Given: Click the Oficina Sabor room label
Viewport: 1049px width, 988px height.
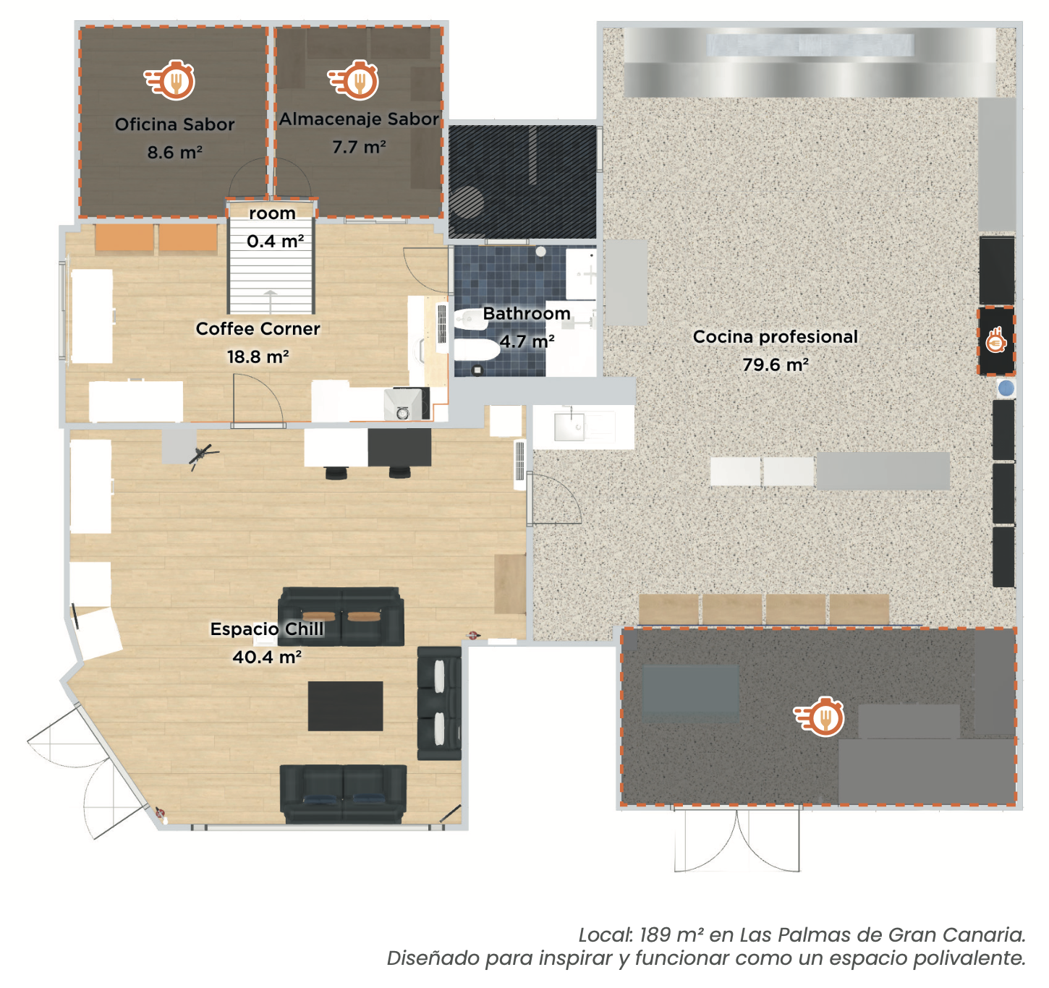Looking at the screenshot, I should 174,124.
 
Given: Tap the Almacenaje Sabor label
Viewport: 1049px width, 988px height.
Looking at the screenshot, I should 359,119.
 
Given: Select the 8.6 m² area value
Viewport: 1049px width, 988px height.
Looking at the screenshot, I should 174,153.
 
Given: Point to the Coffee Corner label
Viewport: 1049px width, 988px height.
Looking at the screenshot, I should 258,329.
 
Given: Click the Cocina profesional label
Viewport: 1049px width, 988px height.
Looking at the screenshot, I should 775,337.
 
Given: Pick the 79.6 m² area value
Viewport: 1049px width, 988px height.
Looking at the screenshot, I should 775,365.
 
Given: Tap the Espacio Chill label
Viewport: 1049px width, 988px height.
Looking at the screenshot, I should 266,629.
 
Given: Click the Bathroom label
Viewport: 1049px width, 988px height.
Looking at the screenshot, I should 527,314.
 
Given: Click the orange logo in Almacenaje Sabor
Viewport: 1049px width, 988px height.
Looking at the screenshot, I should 355,80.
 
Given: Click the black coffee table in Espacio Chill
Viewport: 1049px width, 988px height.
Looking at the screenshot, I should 345,706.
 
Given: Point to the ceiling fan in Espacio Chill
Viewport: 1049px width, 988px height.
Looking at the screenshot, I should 203,456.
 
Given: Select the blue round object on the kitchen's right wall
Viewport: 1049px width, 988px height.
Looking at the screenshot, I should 1006,388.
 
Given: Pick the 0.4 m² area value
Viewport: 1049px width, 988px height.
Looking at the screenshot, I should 275,242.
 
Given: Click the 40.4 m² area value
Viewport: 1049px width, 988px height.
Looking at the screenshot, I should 266,657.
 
